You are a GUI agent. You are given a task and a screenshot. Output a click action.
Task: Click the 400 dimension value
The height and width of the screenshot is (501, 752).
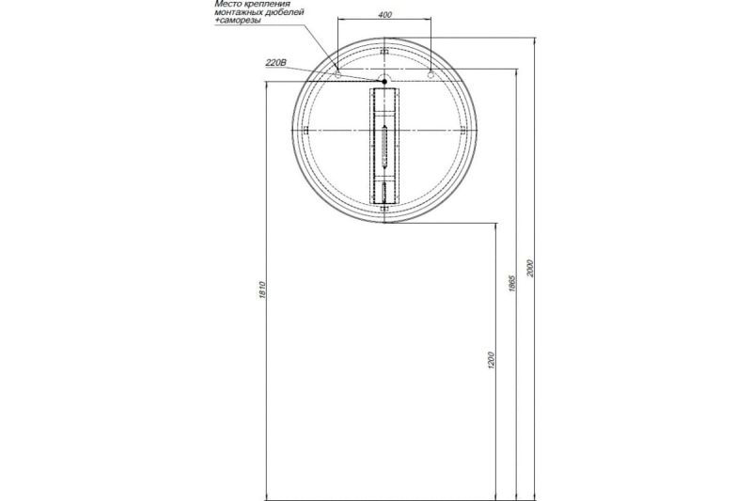(x=384, y=14)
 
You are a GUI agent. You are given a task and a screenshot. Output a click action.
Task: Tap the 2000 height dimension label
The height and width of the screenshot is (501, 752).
(x=529, y=268)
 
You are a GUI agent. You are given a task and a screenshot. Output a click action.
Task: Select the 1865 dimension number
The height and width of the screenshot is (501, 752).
(x=511, y=283)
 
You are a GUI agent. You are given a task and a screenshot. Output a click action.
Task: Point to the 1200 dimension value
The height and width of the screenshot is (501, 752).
(x=490, y=361)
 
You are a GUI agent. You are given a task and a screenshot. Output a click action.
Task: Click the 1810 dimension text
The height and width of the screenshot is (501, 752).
(x=262, y=290)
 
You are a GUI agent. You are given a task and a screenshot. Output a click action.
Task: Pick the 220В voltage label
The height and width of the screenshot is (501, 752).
(x=275, y=63)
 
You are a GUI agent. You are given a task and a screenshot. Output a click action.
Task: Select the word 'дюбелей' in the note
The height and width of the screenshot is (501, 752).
(x=288, y=12)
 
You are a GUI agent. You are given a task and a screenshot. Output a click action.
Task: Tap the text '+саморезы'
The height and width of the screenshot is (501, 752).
(x=238, y=21)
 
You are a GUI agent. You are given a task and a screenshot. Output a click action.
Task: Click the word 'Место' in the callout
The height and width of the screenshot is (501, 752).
(x=226, y=4)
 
